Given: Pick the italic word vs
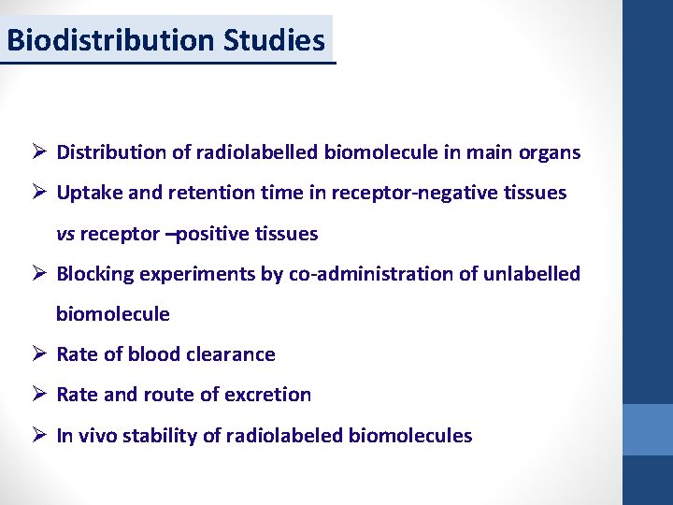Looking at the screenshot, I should pyautogui.click(x=65, y=234).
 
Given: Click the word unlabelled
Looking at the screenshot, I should pyautogui.click(x=534, y=274).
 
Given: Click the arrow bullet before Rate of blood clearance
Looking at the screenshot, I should pyautogui.click(x=38, y=354).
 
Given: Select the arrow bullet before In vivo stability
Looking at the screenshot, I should pyautogui.click(x=38, y=435).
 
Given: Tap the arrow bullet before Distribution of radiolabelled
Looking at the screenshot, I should pyautogui.click(x=38, y=152).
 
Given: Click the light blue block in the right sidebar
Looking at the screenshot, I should pyautogui.click(x=647, y=429).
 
